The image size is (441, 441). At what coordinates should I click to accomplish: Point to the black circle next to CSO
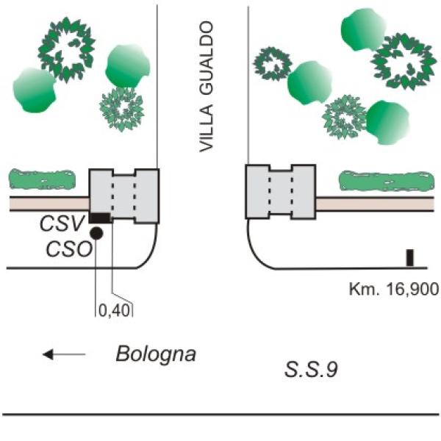(96, 234)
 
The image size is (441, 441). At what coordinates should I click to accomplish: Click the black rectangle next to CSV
(100, 218)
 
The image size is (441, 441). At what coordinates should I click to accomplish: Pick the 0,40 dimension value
(114, 309)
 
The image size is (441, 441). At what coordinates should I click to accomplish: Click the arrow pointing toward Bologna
(64, 355)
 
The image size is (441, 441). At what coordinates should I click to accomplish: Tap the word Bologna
(156, 354)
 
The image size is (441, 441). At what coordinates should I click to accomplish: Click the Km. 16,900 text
(393, 288)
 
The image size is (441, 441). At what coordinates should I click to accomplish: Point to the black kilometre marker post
(410, 258)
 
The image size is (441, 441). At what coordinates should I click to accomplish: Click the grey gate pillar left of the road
(124, 195)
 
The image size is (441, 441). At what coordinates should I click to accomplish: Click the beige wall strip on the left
(49, 203)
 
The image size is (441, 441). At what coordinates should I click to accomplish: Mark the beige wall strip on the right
(373, 203)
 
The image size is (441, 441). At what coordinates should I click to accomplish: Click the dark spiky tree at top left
(68, 49)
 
